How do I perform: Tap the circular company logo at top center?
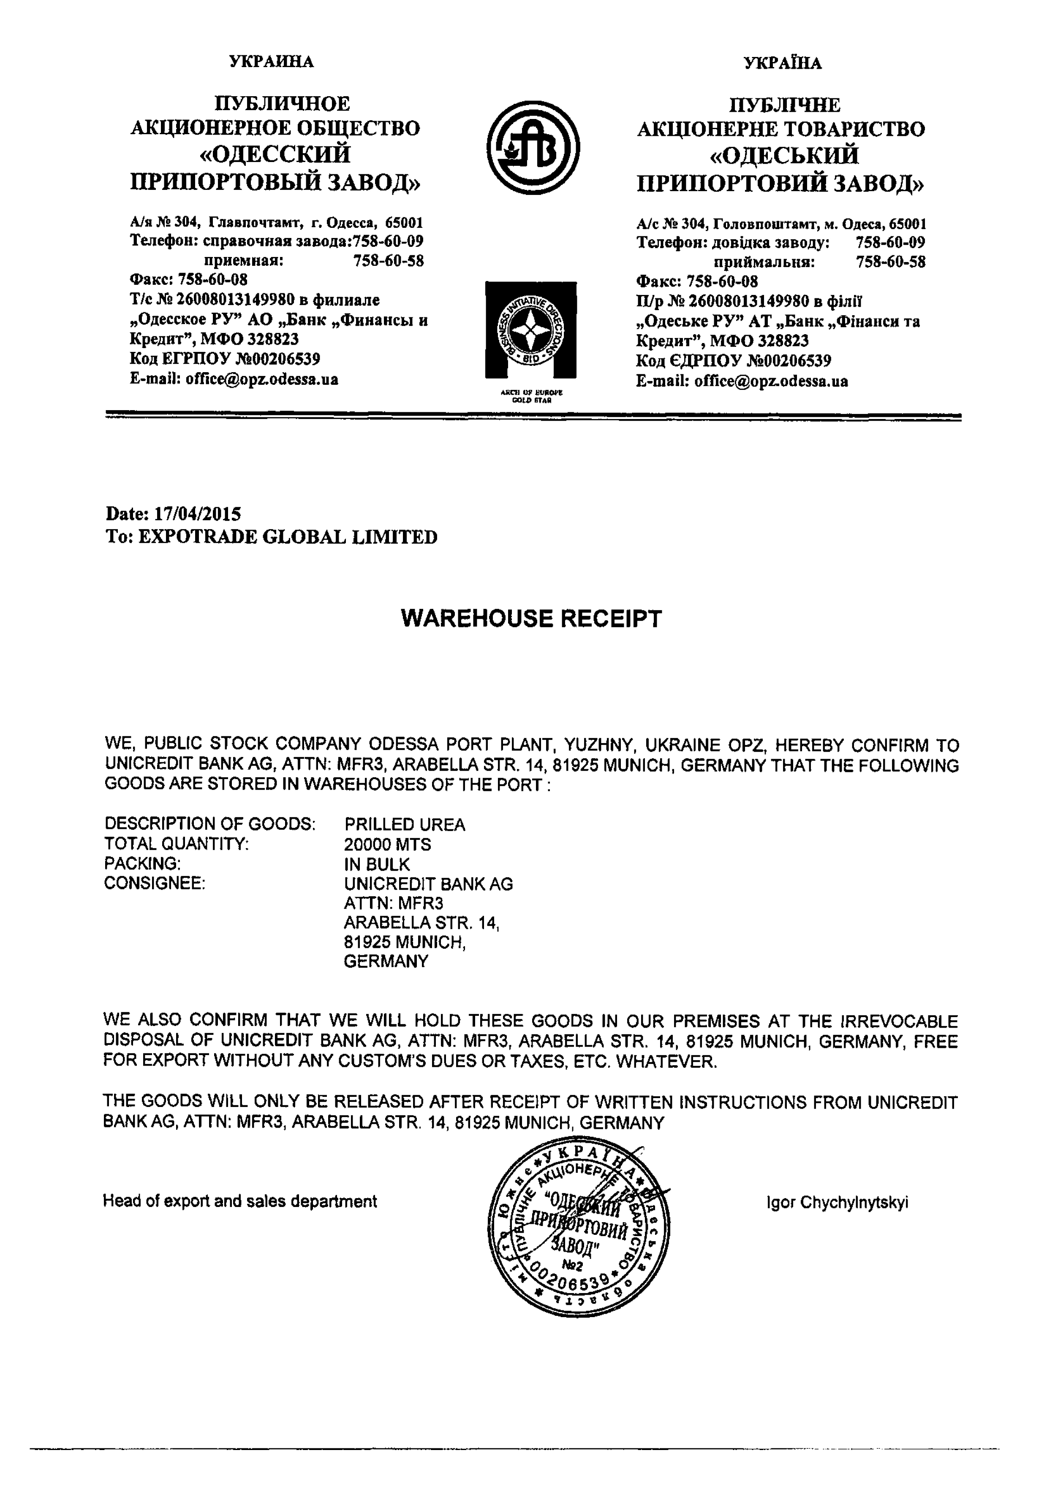[533, 147]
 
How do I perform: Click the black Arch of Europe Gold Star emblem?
[530, 330]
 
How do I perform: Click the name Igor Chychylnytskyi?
[837, 1203]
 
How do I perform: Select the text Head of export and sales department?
[239, 1201]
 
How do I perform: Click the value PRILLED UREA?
[405, 824]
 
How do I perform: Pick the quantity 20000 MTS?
[387, 844]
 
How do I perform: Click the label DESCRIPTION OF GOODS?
[209, 824]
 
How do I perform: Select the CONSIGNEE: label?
[154, 883]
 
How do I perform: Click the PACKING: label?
[142, 863]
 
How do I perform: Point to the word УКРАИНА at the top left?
[271, 62]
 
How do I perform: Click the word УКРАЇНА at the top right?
[782, 63]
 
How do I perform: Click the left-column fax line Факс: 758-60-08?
[188, 279]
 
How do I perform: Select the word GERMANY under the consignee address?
[386, 961]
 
